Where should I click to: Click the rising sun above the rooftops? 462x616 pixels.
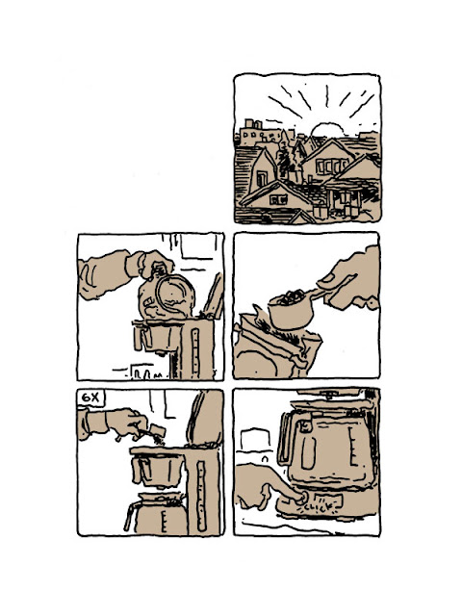tap(327, 130)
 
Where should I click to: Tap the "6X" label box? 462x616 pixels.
tap(91, 398)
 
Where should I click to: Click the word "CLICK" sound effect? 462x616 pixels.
tap(319, 507)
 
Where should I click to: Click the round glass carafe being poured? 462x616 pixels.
tap(167, 295)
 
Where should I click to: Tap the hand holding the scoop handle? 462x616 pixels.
tap(350, 278)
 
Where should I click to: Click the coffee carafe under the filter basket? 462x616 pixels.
tap(156, 513)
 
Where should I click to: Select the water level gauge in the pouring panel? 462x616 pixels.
tap(194, 350)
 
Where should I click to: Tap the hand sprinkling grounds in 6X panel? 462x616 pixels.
tap(126, 423)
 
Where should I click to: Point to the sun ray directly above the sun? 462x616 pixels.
tap(326, 96)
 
